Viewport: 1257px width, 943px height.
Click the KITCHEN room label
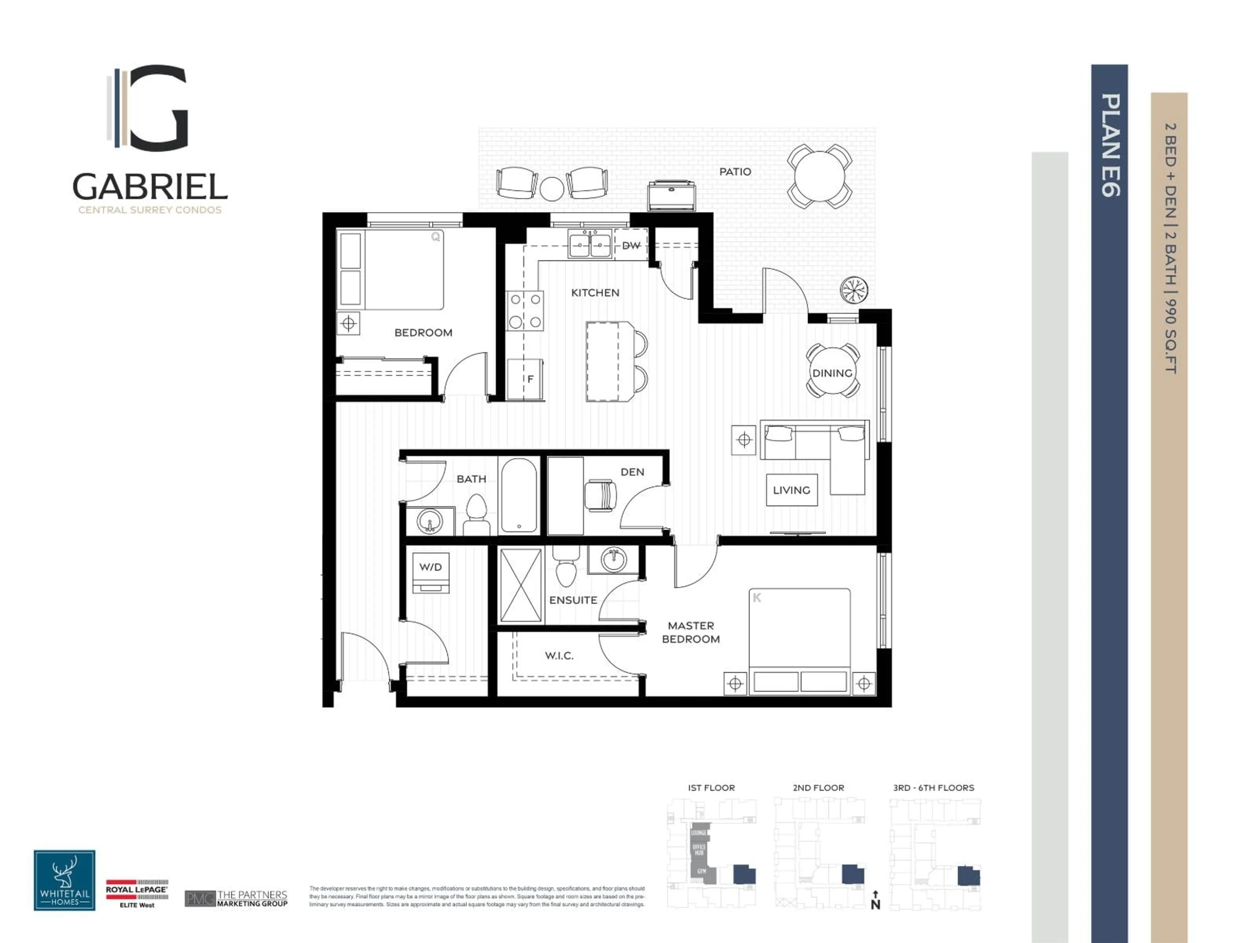[595, 293]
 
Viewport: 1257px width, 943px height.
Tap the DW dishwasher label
[631, 246]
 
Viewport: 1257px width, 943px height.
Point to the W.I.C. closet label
[559, 656]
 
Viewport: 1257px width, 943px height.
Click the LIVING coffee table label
[792, 490]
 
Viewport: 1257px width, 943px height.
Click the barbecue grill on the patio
[672, 194]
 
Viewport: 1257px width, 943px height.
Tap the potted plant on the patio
[854, 290]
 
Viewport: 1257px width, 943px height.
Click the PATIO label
[735, 172]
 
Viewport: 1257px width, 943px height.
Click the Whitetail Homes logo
[64, 880]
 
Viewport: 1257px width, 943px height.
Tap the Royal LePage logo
[137, 893]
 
